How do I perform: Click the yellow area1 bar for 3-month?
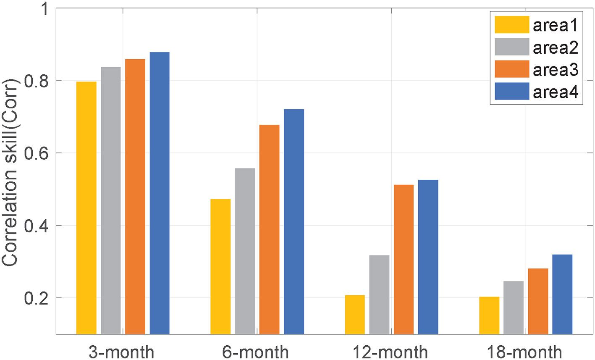[x=86, y=208]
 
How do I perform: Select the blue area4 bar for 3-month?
[x=160, y=193]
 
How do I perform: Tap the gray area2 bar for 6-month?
[x=245, y=251]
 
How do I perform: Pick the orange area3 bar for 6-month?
[x=269, y=229]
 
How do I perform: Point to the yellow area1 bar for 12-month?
[x=355, y=315]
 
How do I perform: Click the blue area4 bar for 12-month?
[x=428, y=257]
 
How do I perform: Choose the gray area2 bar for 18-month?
[x=514, y=307]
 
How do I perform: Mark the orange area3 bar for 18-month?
[x=538, y=301]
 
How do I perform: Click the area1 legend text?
[x=555, y=25]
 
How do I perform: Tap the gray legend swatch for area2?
[x=511, y=47]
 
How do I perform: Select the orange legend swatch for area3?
[x=511, y=69]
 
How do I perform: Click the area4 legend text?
[x=555, y=92]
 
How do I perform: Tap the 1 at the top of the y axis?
[x=44, y=9]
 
